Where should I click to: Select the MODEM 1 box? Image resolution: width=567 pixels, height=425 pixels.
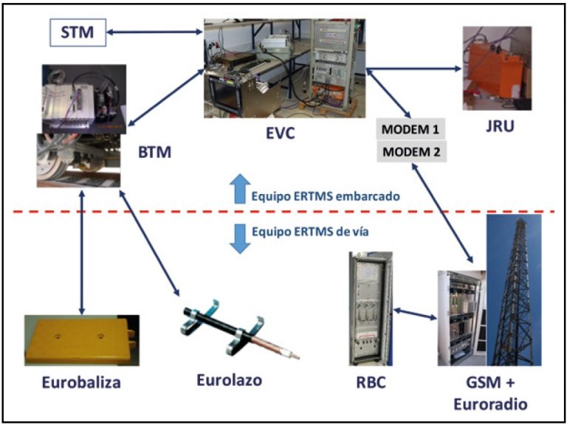pyautogui.click(x=410, y=131)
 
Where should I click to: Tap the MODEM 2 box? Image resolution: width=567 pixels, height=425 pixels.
pyautogui.click(x=410, y=152)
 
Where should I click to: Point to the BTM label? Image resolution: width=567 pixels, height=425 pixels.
pyautogui.click(x=156, y=153)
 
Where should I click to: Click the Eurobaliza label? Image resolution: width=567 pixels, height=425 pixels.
pyautogui.click(x=81, y=383)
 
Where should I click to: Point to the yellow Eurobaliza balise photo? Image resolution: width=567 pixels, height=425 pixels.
pyautogui.click(x=80, y=340)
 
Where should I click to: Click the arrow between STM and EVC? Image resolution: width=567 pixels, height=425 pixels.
pyautogui.click(x=154, y=32)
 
